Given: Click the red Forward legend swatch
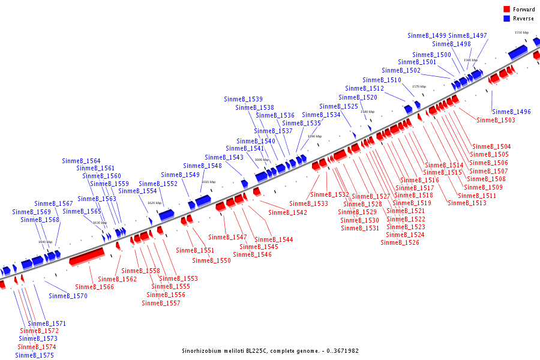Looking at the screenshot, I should [506, 10].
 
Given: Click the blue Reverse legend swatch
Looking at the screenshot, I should [506, 19].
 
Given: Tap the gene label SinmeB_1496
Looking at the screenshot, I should [511, 112].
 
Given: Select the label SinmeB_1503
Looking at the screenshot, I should [496, 120].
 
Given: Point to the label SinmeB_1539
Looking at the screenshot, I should [243, 99].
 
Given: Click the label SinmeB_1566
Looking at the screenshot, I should [94, 287].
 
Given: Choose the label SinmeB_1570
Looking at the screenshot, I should [68, 296].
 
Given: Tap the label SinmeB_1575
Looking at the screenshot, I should [34, 355].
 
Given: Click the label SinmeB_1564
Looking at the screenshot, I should [81, 161].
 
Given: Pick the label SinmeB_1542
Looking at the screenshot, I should [287, 212].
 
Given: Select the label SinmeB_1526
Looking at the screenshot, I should [400, 242].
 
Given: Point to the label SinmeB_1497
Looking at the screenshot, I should [467, 35].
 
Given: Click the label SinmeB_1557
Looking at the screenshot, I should [161, 303].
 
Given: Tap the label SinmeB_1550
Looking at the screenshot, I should [211, 260].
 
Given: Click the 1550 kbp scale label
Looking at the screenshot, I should [521, 32].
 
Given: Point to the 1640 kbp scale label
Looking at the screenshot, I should [45, 242].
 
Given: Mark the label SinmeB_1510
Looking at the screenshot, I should [382, 80].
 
